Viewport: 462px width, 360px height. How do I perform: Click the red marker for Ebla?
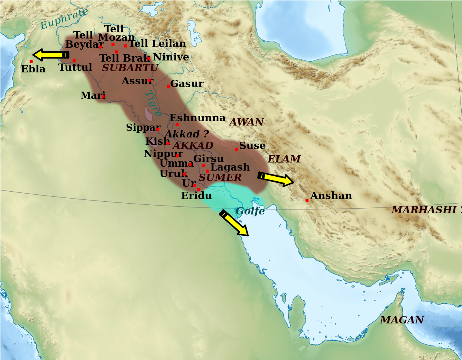click(31, 62)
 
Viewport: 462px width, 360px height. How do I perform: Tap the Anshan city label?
click(331, 196)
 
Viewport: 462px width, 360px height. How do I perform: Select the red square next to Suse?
click(236, 150)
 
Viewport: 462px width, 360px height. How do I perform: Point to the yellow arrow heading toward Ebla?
click(50, 55)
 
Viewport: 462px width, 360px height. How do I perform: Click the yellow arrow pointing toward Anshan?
click(276, 179)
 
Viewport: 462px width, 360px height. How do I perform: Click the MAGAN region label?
click(402, 320)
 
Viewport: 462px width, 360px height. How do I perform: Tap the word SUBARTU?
click(130, 68)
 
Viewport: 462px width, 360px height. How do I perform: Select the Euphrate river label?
click(64, 18)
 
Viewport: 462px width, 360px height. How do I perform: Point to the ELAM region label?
click(284, 159)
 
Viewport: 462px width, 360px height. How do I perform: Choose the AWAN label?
click(246, 122)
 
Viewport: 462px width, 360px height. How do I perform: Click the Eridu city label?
click(196, 196)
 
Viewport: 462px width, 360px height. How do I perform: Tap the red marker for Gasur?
click(168, 86)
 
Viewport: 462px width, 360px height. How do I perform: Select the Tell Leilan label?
click(157, 44)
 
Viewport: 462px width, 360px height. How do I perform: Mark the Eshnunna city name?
click(198, 118)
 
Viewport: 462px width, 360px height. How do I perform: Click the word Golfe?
click(250, 211)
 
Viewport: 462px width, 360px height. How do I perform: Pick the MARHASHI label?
click(423, 210)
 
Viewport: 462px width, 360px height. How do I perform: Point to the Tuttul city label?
click(75, 68)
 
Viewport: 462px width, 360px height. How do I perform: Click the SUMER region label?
click(220, 177)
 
